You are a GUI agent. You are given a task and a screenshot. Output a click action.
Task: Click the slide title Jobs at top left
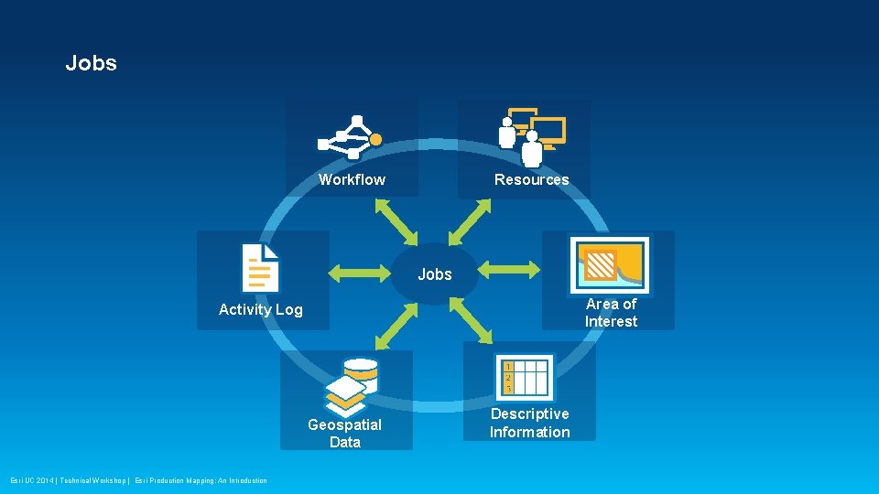pos(91,63)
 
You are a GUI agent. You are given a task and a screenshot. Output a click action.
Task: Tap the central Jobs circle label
pos(435,274)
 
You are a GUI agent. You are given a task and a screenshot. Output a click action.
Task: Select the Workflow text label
pos(352,179)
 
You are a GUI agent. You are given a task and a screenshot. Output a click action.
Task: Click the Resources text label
pos(531,179)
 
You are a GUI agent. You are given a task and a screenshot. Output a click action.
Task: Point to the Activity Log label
pos(260,309)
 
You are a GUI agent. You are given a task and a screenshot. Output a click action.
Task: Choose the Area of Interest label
pos(611,312)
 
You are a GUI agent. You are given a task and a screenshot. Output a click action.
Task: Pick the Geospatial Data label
pos(344,433)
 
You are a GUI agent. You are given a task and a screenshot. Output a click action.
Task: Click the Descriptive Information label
pos(529,423)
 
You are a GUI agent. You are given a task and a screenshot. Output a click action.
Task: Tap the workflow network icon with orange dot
pos(349,137)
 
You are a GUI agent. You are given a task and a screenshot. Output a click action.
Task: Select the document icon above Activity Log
pos(260,267)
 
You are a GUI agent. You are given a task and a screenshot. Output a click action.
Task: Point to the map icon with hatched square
pos(609,265)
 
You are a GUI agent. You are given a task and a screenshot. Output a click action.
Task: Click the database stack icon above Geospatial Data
pos(352,385)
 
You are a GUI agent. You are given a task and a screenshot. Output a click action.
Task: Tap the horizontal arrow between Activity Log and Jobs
pos(359,270)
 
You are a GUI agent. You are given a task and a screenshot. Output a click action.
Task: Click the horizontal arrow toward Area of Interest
pos(510,269)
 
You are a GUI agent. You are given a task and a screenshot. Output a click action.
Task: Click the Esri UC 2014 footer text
pos(138,480)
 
